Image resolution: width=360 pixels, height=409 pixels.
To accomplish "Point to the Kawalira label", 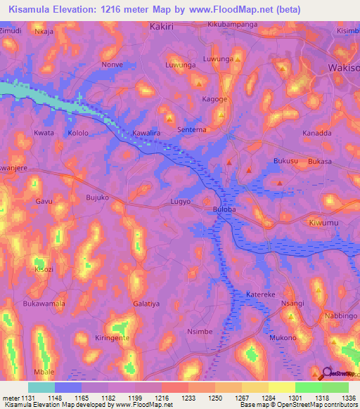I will (x=147, y=132).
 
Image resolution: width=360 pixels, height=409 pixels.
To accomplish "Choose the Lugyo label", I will (x=181, y=202).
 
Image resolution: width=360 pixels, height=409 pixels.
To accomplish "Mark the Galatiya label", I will (x=146, y=304).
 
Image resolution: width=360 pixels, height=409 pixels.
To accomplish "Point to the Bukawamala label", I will (x=44, y=304).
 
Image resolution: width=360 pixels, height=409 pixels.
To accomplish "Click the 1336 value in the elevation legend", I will (x=348, y=398).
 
